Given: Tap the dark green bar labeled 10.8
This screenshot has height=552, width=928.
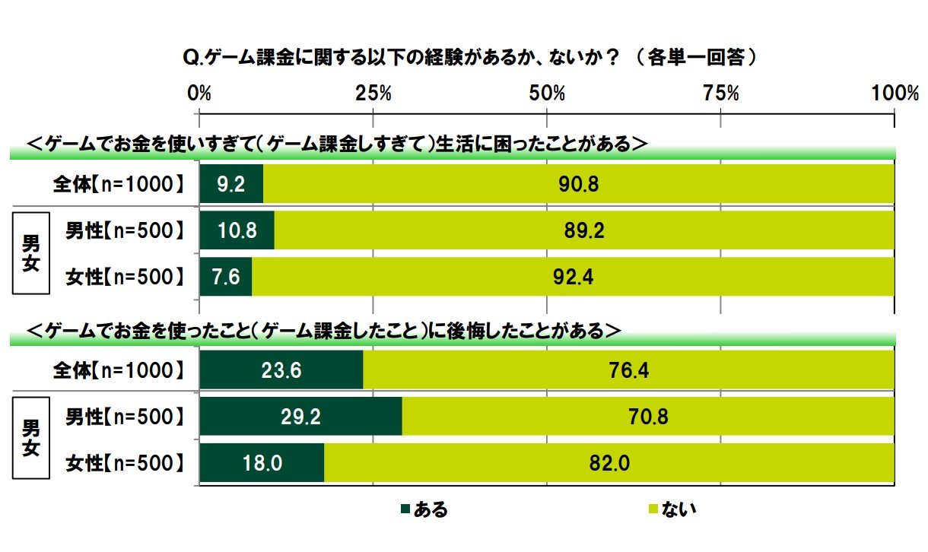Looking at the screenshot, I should pos(237,231).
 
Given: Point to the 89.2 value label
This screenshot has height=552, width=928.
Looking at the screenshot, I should pos(585,231).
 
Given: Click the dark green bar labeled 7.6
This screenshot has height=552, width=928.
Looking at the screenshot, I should pos(226,278).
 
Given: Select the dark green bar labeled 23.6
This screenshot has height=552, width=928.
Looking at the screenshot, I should pos(281,370).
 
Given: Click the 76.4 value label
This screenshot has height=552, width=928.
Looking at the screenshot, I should pos(628,370).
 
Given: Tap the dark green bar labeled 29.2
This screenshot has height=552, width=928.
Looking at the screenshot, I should pos(300,417).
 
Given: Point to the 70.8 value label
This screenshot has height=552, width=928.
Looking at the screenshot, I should pos(649,417).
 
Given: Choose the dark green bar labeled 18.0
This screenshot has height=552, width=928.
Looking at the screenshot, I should pos(262,463).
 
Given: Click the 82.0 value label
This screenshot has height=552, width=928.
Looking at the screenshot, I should pos(609,463).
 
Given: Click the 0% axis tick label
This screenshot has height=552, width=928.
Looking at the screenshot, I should pos(199,94).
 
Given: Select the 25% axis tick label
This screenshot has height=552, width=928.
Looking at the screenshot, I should pos(373,94).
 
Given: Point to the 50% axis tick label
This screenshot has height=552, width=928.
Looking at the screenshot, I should pos(548,94).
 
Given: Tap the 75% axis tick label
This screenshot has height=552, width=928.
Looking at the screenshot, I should pos(721,94).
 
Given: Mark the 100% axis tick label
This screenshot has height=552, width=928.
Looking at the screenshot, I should pos(895,94).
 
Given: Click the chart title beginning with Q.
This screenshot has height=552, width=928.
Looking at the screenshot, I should pos(471,57).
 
